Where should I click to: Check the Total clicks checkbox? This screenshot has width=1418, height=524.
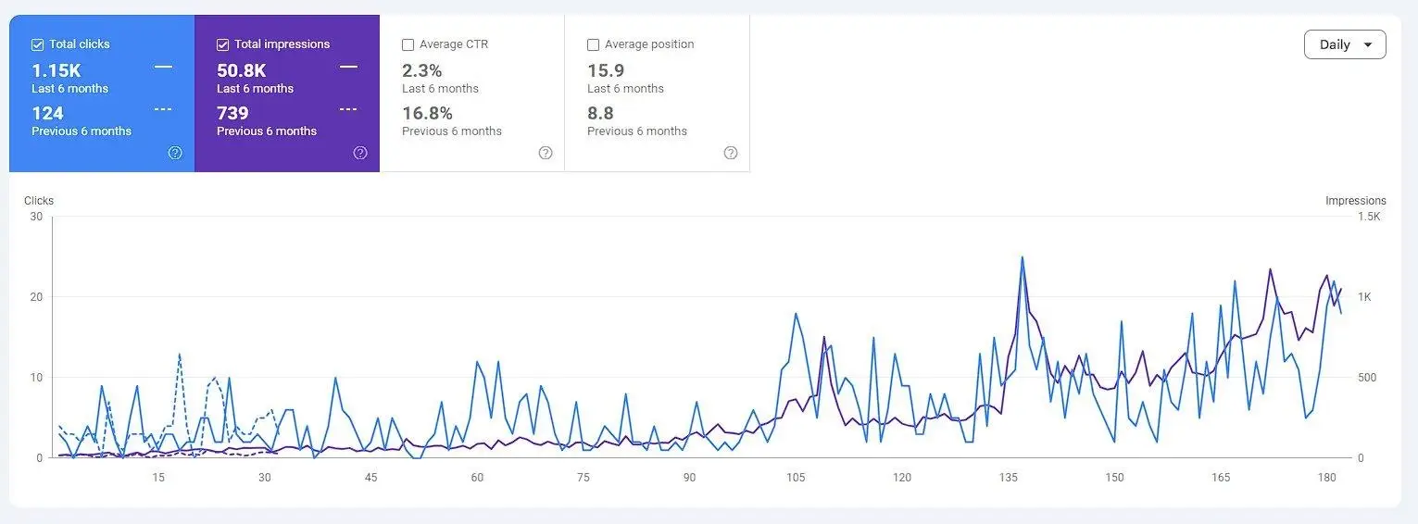pyautogui.click(x=37, y=44)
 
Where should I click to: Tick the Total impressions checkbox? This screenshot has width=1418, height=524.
pyautogui.click(x=223, y=44)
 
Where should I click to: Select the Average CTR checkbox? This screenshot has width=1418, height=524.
pyautogui.click(x=408, y=44)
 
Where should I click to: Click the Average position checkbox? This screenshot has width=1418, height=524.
pyautogui.click(x=593, y=44)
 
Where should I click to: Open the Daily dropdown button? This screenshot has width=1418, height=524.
pyautogui.click(x=1345, y=44)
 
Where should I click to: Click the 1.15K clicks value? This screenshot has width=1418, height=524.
pyautogui.click(x=56, y=70)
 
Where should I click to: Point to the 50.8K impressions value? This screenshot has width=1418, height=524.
pyautogui.click(x=241, y=70)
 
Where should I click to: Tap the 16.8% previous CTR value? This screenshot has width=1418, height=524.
pyautogui.click(x=427, y=113)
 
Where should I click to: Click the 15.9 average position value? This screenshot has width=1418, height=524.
pyautogui.click(x=606, y=70)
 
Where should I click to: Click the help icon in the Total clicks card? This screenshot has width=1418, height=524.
pyautogui.click(x=175, y=153)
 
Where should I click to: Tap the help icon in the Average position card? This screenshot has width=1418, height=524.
pyautogui.click(x=731, y=153)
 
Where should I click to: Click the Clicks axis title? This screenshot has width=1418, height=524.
pyautogui.click(x=39, y=201)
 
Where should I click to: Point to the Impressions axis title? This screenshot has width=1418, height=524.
pyautogui.click(x=1355, y=201)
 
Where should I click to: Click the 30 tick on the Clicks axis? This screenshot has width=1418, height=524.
pyautogui.click(x=37, y=217)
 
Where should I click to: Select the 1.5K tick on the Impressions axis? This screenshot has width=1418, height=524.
pyautogui.click(x=1369, y=217)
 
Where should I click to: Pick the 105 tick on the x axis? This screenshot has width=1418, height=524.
pyautogui.click(x=796, y=477)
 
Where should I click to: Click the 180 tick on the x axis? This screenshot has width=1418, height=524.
pyautogui.click(x=1327, y=477)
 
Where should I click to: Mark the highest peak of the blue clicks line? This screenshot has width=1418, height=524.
pyautogui.click(x=1022, y=257)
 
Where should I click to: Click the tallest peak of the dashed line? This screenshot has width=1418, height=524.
pyautogui.click(x=180, y=354)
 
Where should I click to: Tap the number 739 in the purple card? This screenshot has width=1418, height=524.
pyautogui.click(x=232, y=113)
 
